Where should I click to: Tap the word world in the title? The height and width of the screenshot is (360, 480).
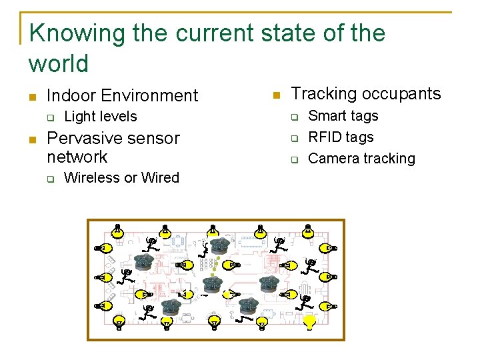[x=59, y=64]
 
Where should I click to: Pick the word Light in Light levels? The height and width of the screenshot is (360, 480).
[x=79, y=117]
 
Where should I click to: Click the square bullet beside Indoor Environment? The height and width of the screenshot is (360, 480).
[x=32, y=97]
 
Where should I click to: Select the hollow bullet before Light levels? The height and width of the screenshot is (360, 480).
[x=50, y=118]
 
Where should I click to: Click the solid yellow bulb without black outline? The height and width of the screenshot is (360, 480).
[x=309, y=322]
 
